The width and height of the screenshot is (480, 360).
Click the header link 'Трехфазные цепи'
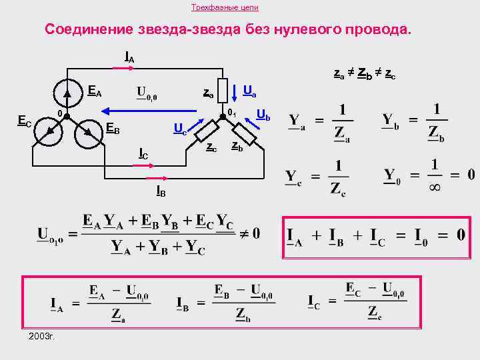point(225,7)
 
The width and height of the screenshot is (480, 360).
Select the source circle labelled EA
point(66,91)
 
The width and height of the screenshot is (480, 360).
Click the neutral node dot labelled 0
point(66,115)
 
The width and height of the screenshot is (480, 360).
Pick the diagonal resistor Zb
point(243,133)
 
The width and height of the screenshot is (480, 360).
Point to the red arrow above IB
point(158,178)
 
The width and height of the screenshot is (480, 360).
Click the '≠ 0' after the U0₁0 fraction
point(249,235)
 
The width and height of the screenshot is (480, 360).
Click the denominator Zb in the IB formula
point(243,314)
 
